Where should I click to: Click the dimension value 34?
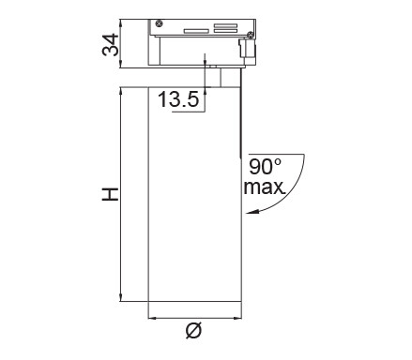(111, 45)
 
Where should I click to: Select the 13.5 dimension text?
(178, 99)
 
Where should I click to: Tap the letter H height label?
(111, 194)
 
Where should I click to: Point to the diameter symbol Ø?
(193, 330)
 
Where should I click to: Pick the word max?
(265, 187)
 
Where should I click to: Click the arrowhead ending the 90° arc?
(252, 212)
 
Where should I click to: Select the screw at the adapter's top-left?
(159, 23)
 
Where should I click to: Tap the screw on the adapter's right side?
(251, 36)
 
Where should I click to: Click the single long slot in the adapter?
(196, 31)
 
